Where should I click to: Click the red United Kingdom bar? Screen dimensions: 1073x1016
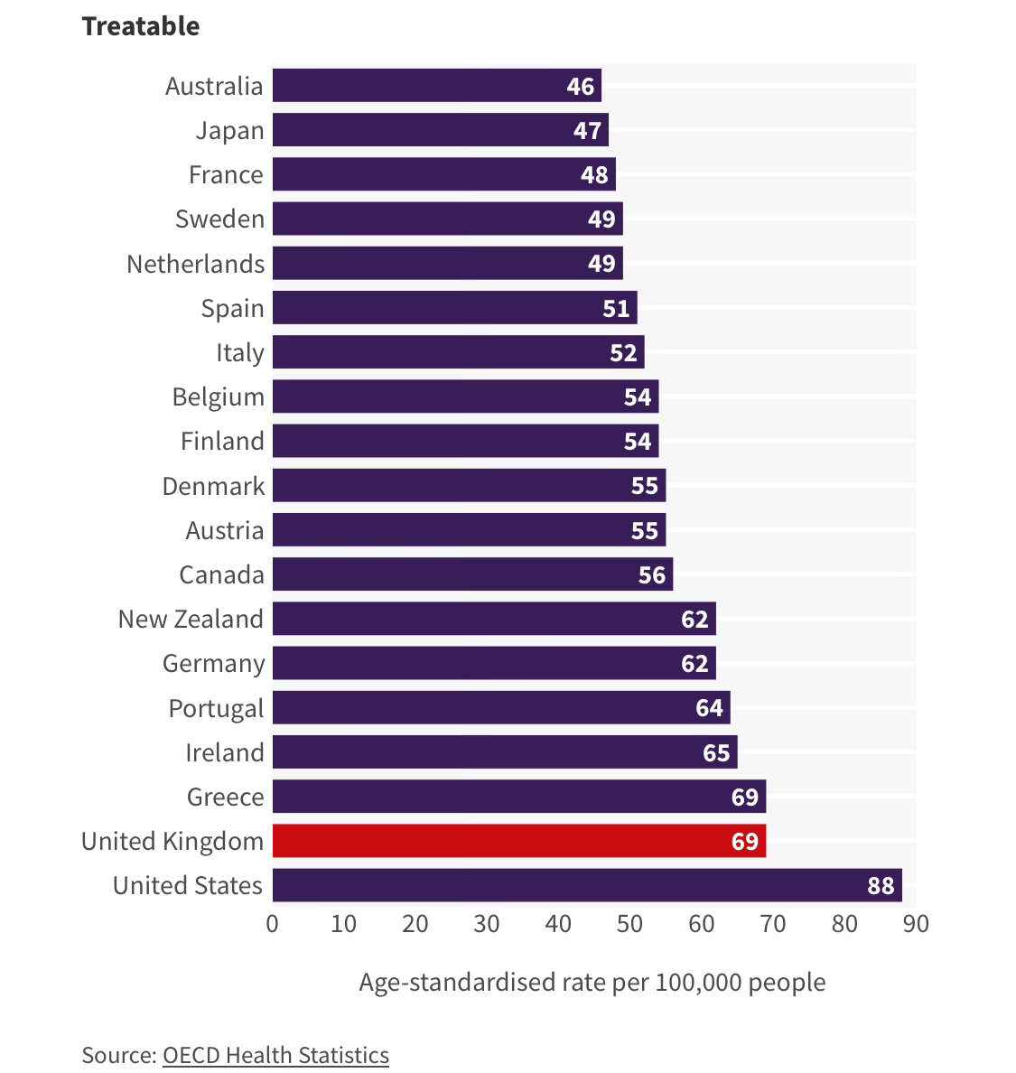point(518,841)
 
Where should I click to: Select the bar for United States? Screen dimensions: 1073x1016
point(586,885)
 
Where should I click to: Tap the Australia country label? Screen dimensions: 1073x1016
point(214,87)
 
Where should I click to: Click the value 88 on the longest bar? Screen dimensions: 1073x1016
point(881,886)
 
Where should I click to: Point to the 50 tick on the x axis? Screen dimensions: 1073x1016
point(629,924)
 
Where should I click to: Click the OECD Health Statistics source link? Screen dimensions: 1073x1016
point(275,1055)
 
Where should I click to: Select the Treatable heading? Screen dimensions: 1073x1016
point(141,26)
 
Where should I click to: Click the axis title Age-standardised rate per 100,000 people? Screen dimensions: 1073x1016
point(592,983)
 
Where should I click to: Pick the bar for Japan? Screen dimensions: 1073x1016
point(440,130)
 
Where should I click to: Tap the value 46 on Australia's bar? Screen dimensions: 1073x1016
point(581,87)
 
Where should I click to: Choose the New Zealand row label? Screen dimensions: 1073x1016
point(191,620)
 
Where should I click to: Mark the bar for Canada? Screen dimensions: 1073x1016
point(472,574)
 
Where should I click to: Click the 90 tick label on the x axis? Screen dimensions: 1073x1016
point(916,924)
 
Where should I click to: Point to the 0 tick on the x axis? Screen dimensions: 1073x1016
point(272,924)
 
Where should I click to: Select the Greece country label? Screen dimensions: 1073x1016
point(225,797)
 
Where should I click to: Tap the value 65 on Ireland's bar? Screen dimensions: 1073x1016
point(716,752)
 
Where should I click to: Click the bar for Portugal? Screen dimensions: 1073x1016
point(501,707)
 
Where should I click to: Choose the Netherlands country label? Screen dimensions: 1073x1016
point(195,264)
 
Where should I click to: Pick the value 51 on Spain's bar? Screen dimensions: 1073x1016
point(616,309)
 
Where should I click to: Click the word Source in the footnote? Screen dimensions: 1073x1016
point(117,1055)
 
